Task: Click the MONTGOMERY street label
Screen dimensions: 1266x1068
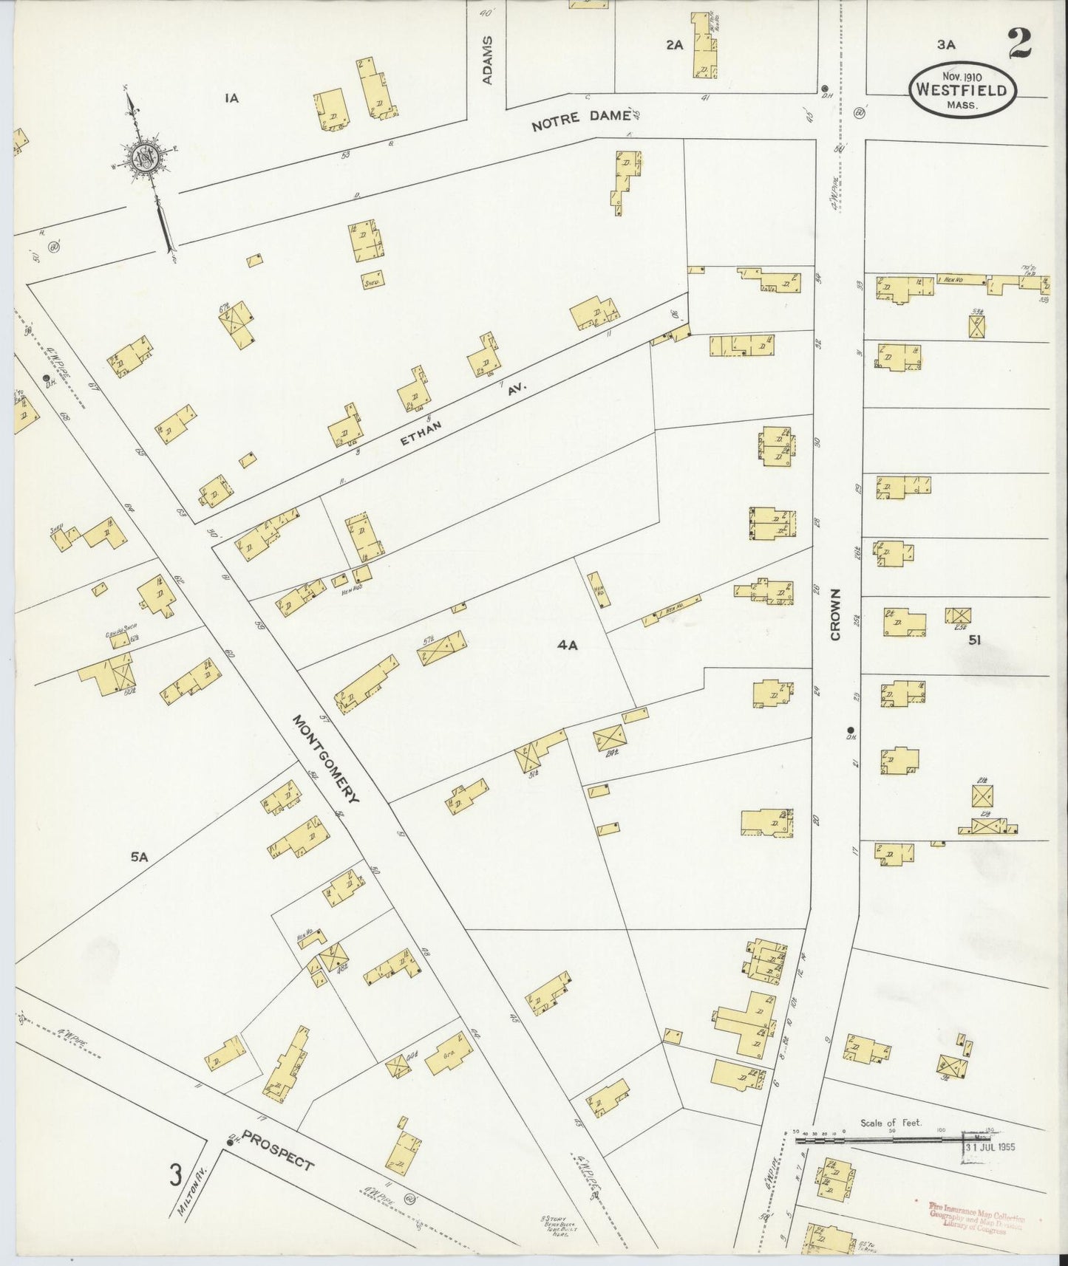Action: [326, 759]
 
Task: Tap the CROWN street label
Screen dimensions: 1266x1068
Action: [836, 615]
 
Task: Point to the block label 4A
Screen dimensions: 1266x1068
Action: [567, 646]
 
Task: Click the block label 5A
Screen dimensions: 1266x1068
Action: [140, 857]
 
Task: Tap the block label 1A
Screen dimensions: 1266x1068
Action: [232, 97]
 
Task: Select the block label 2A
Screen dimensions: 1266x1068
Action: [673, 44]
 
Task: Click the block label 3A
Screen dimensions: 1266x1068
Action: [946, 44]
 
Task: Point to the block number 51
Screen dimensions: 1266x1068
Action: [974, 640]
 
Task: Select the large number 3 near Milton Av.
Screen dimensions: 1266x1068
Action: [175, 1174]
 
